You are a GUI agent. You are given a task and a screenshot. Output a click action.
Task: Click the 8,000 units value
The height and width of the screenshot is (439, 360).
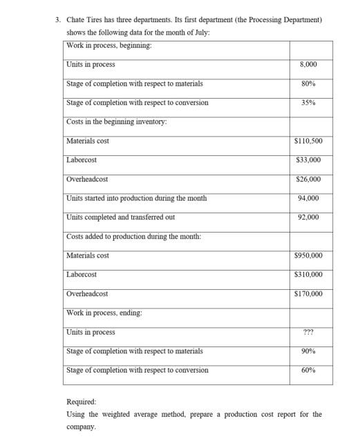(x=308, y=65)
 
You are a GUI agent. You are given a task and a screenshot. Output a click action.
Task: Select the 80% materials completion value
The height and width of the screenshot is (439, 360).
(x=308, y=84)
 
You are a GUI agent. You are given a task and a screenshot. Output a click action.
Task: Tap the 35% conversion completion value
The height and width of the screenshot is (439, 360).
(x=308, y=103)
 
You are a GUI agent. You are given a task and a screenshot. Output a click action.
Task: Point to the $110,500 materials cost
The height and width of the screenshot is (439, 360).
(x=308, y=141)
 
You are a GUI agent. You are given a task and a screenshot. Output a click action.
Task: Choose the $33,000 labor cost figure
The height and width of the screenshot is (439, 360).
(x=308, y=160)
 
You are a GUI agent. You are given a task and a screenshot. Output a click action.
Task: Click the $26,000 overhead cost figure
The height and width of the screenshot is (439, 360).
(x=308, y=179)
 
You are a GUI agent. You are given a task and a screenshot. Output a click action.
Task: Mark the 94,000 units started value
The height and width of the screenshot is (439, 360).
(x=308, y=198)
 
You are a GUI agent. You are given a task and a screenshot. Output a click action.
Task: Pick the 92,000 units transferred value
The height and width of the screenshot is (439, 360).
(x=308, y=217)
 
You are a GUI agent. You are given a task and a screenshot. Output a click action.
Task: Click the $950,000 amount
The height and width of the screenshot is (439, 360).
(x=308, y=255)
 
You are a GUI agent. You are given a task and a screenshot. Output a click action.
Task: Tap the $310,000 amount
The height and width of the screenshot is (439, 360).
(x=308, y=275)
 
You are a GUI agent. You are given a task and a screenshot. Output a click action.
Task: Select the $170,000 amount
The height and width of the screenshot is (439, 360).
(x=308, y=294)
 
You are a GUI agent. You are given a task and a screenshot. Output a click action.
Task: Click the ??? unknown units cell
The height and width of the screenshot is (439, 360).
(x=308, y=332)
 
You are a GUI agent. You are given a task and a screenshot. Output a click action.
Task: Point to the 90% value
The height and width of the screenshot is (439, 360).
(x=308, y=351)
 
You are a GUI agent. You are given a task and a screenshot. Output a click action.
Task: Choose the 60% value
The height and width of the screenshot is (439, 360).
(x=308, y=370)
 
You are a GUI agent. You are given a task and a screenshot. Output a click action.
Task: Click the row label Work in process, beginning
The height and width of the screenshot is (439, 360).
(x=109, y=46)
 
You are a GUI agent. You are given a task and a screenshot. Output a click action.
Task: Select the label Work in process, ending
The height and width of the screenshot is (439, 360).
(x=104, y=313)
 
